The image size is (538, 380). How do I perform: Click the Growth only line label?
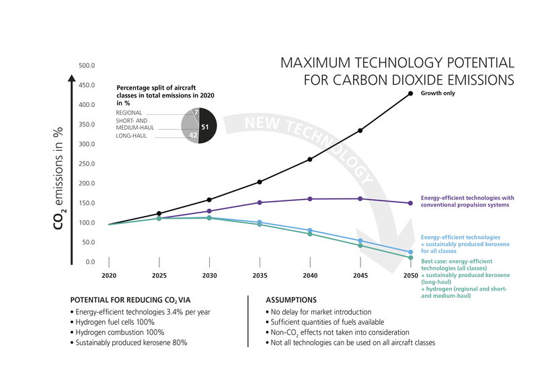tap(437, 93)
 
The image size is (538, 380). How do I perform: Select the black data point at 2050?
tap(410, 93)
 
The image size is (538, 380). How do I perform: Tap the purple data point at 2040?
tap(309, 199)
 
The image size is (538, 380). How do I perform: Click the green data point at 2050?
tap(410, 258)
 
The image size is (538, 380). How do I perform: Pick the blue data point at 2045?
tap(360, 241)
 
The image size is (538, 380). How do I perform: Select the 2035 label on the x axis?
tap(259, 276)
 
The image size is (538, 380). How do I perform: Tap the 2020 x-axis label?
tap(108, 276)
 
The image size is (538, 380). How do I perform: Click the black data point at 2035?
tap(259, 182)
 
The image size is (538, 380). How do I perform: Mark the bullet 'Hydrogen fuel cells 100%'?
tap(113, 322)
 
